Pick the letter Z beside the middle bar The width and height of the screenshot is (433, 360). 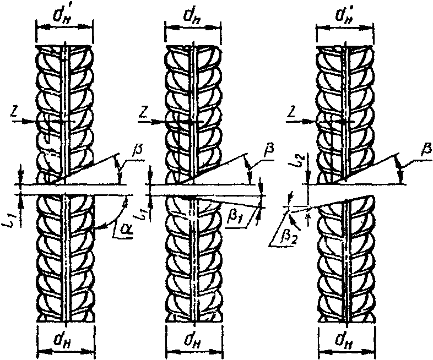pos(142,112)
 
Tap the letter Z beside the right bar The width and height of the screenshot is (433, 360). pos(294,112)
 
